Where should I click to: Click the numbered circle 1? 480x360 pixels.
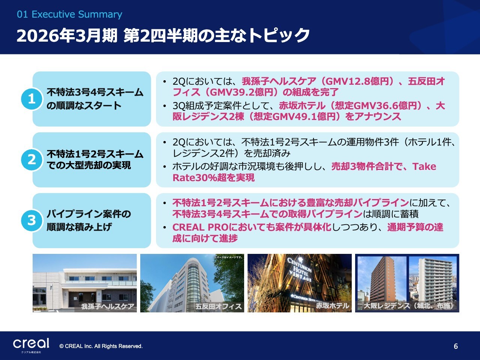point(32,99)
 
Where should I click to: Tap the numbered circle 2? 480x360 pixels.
point(32,160)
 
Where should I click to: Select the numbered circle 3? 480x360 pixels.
point(32,220)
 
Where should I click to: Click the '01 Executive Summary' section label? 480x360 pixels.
point(69,14)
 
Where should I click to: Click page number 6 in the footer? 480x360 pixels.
point(456,346)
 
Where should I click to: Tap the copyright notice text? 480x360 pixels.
point(101,346)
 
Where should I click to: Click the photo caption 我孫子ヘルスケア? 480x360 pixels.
point(108,306)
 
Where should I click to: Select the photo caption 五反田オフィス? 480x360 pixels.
point(218,306)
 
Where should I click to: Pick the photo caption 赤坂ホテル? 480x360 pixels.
point(332,306)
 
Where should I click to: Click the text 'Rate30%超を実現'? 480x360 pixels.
point(214,177)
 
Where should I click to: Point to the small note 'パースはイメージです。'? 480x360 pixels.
point(229,257)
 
